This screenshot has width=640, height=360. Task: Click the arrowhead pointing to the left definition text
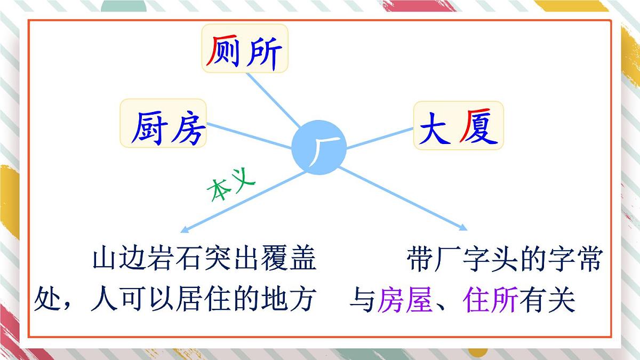(184, 229)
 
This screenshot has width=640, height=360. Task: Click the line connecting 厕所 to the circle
(273, 100)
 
